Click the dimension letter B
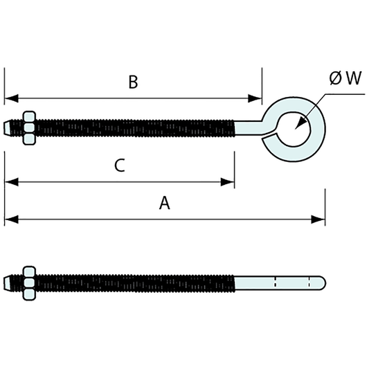pos(133,82)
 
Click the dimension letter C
pos(119,166)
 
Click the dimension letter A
pos(164,203)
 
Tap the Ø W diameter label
pos(345,78)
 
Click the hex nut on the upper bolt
pos(28,128)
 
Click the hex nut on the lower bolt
pos(28,282)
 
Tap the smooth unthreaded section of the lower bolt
pos(277,282)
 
